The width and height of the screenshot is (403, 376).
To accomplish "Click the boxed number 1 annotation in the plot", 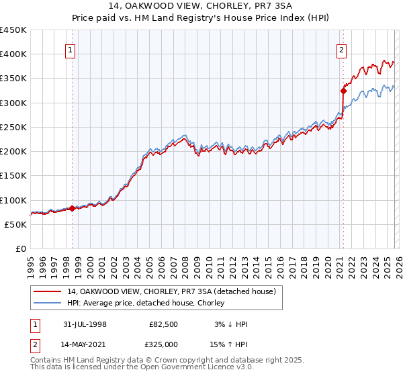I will click(71, 49).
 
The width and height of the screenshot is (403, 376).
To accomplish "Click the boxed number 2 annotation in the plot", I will click(341, 49).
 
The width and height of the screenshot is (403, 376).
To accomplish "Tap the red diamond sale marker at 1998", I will click(73, 208).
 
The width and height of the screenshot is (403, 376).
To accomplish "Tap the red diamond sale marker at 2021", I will click(343, 90).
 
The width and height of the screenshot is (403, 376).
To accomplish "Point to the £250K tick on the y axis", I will click(13, 127).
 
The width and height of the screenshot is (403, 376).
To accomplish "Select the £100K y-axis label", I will click(13, 200).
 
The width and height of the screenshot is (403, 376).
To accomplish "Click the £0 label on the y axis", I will click(21, 248).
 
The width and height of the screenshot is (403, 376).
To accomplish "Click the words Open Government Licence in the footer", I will click(199, 367).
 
